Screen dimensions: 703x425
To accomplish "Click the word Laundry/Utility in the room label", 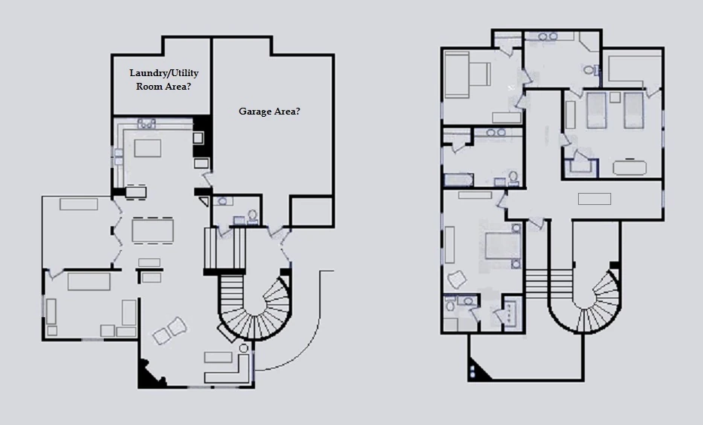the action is pos(163,72).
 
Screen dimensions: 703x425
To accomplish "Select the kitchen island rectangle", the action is pos(148,148).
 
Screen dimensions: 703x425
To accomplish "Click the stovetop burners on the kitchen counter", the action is pos(146,123).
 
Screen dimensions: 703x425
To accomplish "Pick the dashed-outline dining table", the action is pos(153,231).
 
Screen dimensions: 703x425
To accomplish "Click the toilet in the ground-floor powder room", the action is pos(252,217).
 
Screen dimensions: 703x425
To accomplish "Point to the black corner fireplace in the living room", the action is pos(150,374).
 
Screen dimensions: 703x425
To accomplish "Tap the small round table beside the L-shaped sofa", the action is pos(243,349).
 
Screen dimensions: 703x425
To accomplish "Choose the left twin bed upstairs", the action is pos(597,111).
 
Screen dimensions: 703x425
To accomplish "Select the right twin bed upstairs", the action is pos(633,111).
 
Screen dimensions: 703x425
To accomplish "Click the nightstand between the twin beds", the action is pos(615,97).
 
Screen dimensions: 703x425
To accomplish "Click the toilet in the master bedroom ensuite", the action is pos(450,304).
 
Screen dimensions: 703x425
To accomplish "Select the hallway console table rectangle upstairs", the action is pos(595,198).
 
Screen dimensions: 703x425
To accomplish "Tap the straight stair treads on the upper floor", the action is pos(549,284).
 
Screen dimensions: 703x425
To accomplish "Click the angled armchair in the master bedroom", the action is pos(456,280).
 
